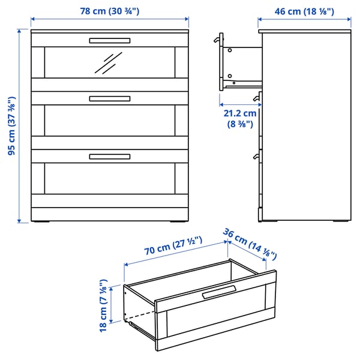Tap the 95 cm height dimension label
(x=11, y=126)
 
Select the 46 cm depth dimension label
(x=304, y=11)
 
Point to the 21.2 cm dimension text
(x=240, y=118)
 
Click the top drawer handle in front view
(x=109, y=41)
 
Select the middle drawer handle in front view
(x=109, y=98)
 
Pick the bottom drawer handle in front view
(x=109, y=157)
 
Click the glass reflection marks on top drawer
(x=109, y=62)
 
